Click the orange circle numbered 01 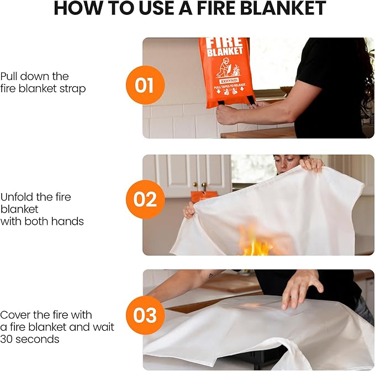[145, 85]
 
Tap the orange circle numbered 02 [145, 199]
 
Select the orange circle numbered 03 [145, 316]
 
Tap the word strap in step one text [72, 88]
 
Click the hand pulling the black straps [227, 114]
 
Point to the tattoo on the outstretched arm [210, 274]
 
